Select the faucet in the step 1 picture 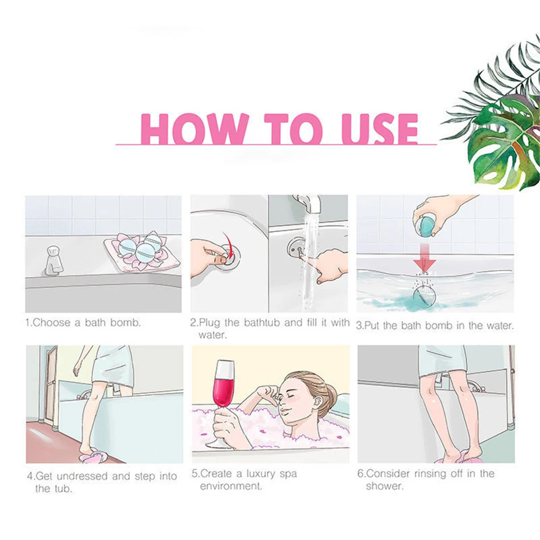point(54,260)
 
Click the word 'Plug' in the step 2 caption point(209,323)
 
